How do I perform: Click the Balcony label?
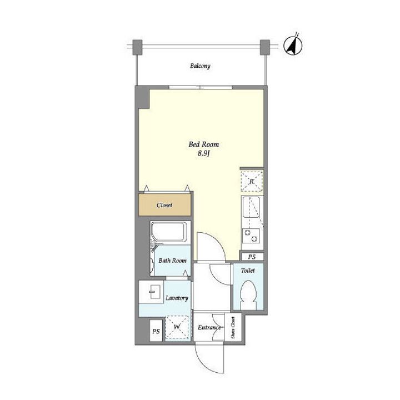tap(200, 66)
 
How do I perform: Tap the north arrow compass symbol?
tap(293, 46)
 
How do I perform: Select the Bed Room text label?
tap(203, 144)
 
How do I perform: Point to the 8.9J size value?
tap(203, 154)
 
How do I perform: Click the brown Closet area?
tap(164, 205)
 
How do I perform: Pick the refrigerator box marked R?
tap(252, 181)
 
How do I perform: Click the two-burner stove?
tap(251, 236)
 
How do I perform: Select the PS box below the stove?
tap(252, 257)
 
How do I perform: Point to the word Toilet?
tap(248, 271)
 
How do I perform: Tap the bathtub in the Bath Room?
tap(169, 232)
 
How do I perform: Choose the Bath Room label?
tap(172, 261)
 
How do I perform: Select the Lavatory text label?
tap(177, 298)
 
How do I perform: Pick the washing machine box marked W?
tap(177, 327)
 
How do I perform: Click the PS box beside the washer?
tap(156, 331)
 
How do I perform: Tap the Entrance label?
tap(209, 328)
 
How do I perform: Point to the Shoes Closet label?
tap(233, 328)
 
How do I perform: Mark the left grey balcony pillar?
tap(138, 47)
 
